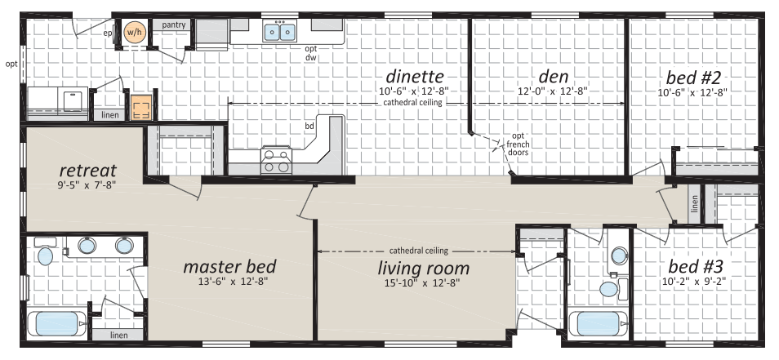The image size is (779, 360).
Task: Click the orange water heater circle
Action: [133, 32]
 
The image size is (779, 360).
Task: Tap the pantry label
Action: [173, 24]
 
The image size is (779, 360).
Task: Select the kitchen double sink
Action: [279, 33]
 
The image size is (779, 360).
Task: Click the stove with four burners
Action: [276, 160]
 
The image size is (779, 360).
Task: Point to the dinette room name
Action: [415, 77]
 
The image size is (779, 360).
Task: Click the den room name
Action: [554, 77]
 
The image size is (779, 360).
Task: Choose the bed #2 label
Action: [693, 78]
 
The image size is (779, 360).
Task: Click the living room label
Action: [423, 268]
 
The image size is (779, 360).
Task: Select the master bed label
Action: [229, 267]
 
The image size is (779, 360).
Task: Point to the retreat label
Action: [88, 171]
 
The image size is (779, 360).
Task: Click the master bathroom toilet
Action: [45, 252]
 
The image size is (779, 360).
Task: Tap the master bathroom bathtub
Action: [57, 323]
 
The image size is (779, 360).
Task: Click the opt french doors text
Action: [518, 144]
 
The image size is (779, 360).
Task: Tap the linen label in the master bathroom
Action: [118, 336]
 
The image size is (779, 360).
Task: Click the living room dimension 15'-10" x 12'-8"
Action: [423, 283]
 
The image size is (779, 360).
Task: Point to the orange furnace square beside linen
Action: [140, 109]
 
